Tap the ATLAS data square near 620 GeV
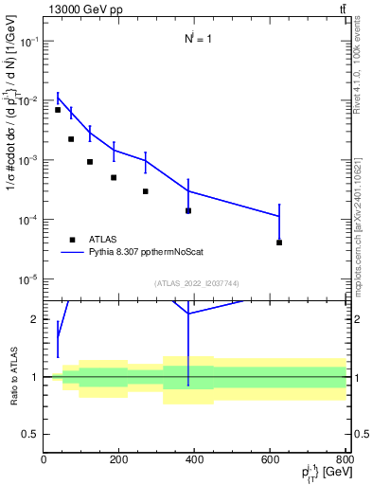pyautogui.click(x=279, y=242)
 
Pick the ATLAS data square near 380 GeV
pyautogui.click(x=188, y=210)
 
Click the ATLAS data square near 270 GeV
pyautogui.click(x=146, y=191)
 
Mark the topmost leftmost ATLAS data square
pyautogui.click(x=58, y=110)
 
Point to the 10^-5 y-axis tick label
pyautogui.click(x=28, y=279)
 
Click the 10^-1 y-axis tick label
pyautogui.click(x=28, y=42)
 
